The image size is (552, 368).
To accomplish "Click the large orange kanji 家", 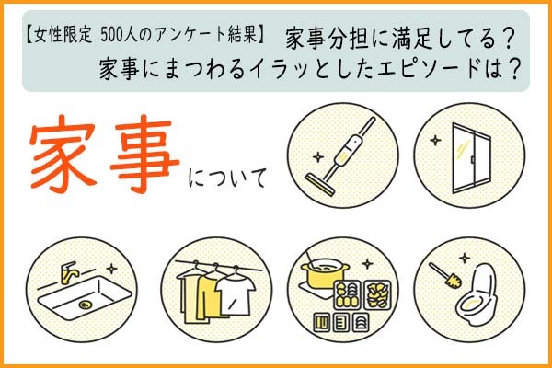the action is pyautogui.click(x=63, y=155).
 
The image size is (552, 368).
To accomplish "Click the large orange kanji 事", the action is pyautogui.click(x=144, y=155).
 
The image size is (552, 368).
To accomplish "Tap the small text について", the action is pyautogui.click(x=227, y=178).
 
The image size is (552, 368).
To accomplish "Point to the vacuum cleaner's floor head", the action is pyautogui.click(x=319, y=185).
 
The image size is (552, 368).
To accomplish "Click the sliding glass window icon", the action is pyautogui.click(x=471, y=157).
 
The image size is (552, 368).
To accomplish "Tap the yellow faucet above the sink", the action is pyautogui.click(x=68, y=272).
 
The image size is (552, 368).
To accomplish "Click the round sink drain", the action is pyautogui.click(x=85, y=305).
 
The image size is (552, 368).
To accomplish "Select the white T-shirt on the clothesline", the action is pyautogui.click(x=235, y=292).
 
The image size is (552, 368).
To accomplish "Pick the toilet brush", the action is pyautogui.click(x=445, y=276).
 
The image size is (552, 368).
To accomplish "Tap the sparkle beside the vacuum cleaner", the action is pyautogui.click(x=318, y=157).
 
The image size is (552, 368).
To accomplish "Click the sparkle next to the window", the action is pyautogui.click(x=435, y=140).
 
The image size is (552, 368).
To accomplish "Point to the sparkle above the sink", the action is pyautogui.click(x=111, y=269).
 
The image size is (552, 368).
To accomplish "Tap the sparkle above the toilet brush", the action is pyautogui.click(x=465, y=259).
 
